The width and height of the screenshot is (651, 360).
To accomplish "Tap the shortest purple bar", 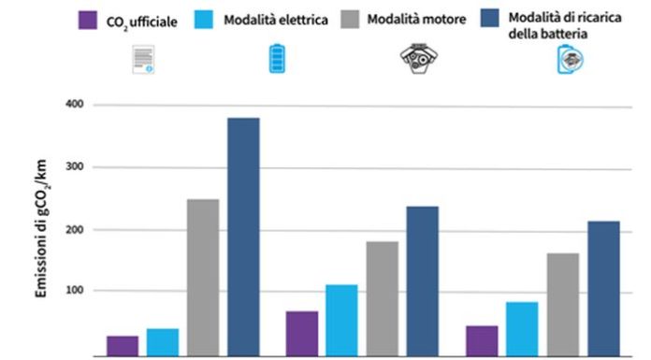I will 122,346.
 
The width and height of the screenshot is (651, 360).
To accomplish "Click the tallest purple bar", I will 301,334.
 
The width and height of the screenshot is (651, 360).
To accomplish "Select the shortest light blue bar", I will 162,342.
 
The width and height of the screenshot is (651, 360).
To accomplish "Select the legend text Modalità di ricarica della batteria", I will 562,24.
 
